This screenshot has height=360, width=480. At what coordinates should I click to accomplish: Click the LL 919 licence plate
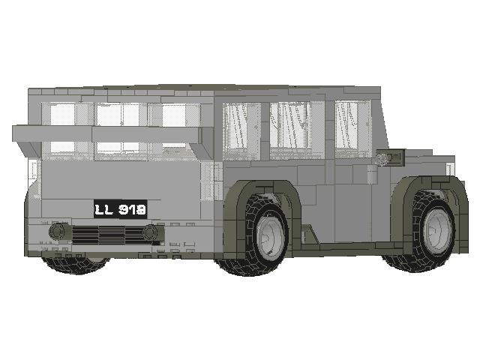(120, 208)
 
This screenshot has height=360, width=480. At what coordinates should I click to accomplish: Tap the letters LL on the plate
(105, 208)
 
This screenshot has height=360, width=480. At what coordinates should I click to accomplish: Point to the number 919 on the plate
(133, 208)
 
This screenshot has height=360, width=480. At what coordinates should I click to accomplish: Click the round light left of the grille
(58, 231)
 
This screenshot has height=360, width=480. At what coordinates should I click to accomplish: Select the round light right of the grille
(151, 232)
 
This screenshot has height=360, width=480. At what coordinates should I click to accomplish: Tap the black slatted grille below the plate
(104, 235)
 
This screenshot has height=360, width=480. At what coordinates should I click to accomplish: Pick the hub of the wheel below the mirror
(438, 231)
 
